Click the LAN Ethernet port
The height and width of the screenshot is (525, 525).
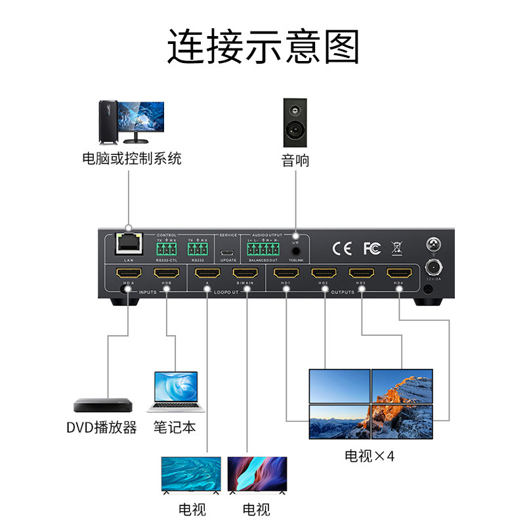[127, 244]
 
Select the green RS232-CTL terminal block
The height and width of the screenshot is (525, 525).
[167, 250]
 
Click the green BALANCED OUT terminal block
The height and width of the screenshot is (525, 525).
[262, 250]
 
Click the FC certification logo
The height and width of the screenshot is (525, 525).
[371, 249]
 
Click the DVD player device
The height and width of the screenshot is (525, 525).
[102, 406]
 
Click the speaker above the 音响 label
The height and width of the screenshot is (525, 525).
[294, 123]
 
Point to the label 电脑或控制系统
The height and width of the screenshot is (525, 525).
[131, 158]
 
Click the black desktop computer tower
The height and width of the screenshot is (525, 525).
[108, 122]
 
